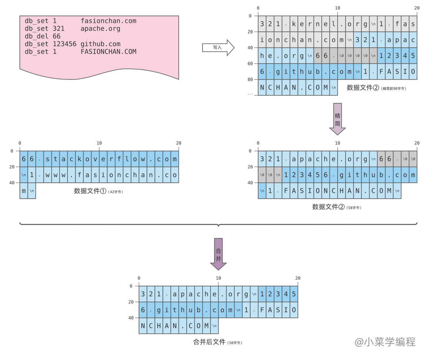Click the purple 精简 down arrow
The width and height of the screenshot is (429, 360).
[x=338, y=119]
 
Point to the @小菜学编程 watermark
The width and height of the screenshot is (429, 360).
[x=385, y=342]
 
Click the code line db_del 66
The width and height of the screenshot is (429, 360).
[x=43, y=36]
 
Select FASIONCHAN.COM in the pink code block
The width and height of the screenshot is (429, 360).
[x=108, y=52]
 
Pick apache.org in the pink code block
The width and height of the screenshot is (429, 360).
[x=100, y=29]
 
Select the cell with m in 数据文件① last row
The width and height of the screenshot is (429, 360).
[x=24, y=191]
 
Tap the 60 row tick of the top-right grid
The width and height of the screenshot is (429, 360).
[x=250, y=64]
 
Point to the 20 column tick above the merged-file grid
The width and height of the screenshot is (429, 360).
[x=298, y=278]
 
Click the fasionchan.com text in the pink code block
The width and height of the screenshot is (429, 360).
[x=108, y=21]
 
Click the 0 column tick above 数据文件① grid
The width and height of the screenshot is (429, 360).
[x=20, y=143]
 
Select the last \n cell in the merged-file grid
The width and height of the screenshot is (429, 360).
[x=214, y=326]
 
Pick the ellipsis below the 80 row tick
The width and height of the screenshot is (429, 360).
[x=250, y=94]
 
